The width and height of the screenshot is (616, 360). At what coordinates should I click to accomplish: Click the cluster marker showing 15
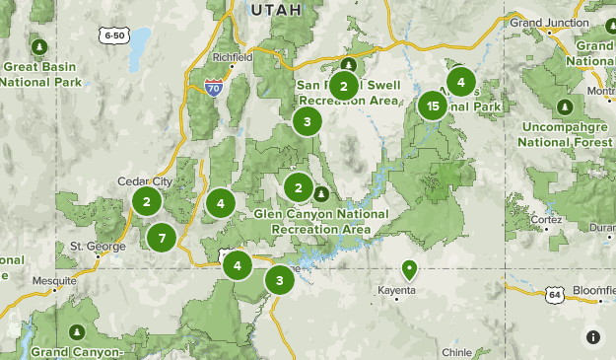[x=432, y=106]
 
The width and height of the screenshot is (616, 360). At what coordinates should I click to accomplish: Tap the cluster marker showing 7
[x=161, y=237]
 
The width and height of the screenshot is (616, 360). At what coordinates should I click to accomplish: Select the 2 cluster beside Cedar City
[x=147, y=202]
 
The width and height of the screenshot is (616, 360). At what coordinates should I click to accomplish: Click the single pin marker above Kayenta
[x=409, y=268]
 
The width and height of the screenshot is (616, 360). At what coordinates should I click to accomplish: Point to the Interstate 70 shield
[x=214, y=89]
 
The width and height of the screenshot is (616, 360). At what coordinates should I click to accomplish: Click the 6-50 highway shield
[x=113, y=36]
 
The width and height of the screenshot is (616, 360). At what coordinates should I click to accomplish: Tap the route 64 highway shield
[x=556, y=294]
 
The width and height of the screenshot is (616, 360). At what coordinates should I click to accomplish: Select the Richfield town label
[x=233, y=57]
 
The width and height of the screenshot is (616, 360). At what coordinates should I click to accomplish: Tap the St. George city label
[x=91, y=246]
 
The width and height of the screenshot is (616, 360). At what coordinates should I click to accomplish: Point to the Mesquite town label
[x=54, y=281]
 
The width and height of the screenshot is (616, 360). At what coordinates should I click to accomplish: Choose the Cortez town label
[x=545, y=219]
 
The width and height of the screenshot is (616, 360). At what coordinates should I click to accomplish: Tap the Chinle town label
[x=456, y=351]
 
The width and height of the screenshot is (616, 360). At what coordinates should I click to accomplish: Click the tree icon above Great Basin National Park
[x=39, y=47]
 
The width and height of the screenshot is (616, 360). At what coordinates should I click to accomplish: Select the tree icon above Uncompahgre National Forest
[x=564, y=107]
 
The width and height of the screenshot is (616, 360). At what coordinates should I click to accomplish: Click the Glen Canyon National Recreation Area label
[x=320, y=221]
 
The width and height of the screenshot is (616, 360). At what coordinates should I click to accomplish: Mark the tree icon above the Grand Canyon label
[x=77, y=330]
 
